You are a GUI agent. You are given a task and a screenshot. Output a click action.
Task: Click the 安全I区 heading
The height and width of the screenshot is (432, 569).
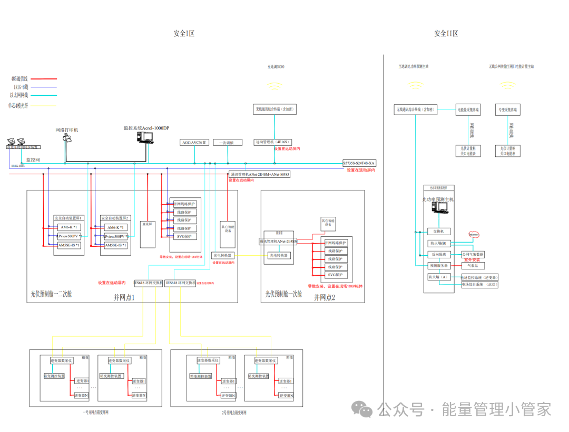[x=184, y=34]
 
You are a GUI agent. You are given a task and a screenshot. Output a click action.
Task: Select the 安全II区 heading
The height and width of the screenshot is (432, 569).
[x=446, y=34]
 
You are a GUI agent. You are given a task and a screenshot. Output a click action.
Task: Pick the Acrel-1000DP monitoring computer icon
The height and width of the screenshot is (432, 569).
[x=144, y=137]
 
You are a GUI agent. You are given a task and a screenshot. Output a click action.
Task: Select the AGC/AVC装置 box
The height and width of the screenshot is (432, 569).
[x=195, y=143]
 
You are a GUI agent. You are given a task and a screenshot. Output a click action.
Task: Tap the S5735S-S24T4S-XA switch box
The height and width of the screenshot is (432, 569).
[x=359, y=163]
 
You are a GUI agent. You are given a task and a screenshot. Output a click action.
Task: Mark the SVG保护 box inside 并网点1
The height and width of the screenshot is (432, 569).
[x=183, y=236]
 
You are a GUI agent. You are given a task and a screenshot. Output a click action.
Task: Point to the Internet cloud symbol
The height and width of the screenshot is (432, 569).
[x=474, y=234]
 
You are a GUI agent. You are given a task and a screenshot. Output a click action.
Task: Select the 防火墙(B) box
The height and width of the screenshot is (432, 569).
[x=438, y=243]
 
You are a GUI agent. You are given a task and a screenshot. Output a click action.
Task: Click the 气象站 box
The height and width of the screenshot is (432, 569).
[x=473, y=266]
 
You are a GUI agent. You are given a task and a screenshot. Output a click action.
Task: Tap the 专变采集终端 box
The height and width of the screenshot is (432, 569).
[x=507, y=109]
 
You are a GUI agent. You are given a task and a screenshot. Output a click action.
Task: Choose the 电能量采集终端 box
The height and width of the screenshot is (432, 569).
[x=468, y=109]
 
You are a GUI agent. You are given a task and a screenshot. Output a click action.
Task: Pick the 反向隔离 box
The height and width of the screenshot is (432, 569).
[x=438, y=254]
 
